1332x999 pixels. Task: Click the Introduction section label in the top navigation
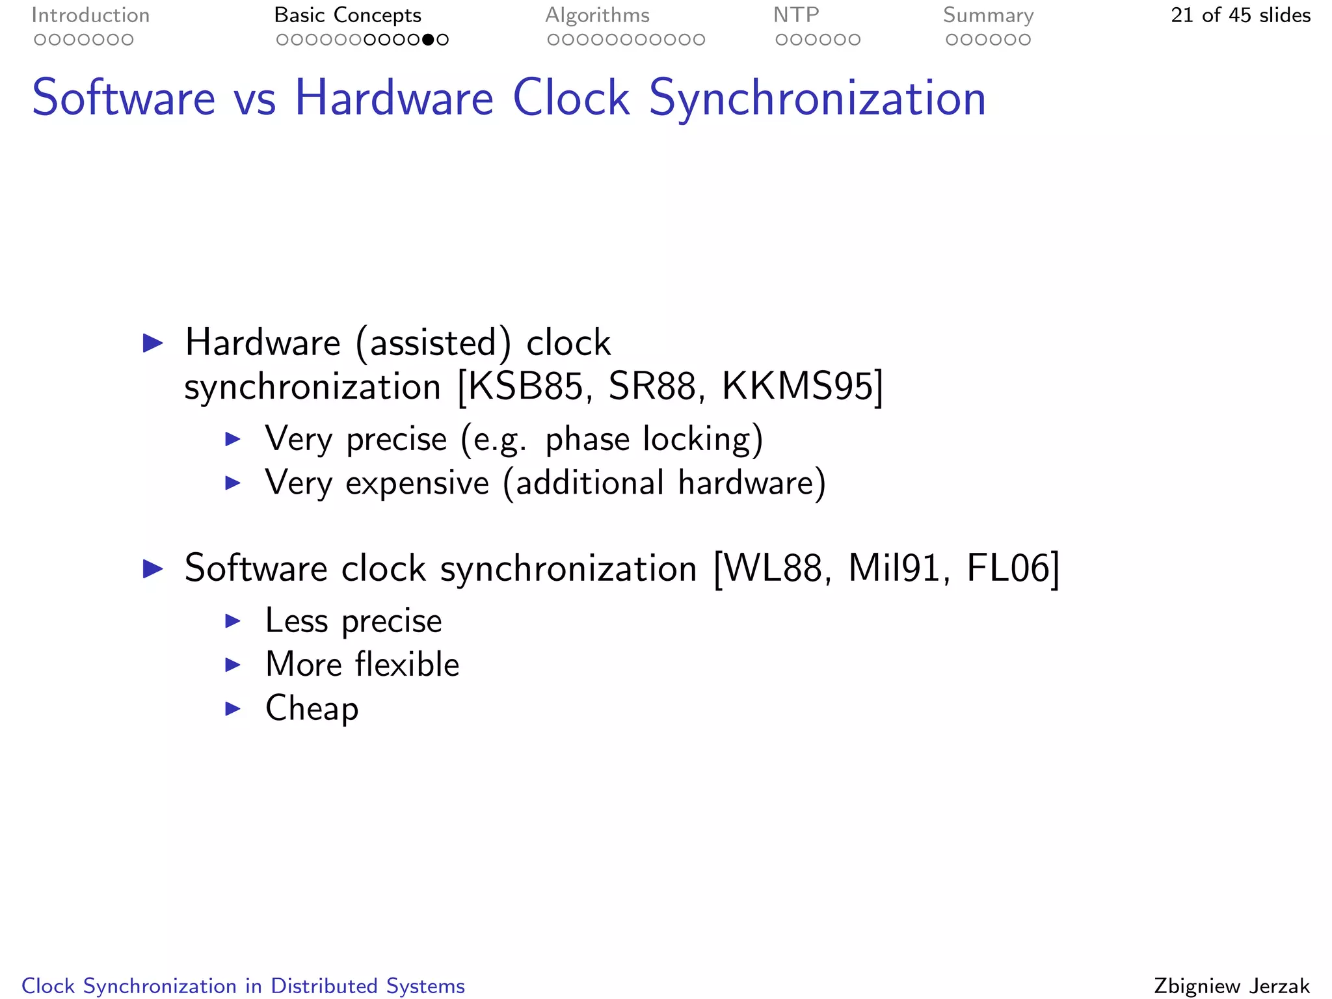(90, 15)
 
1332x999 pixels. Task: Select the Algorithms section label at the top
(597, 15)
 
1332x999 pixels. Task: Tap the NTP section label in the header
(796, 15)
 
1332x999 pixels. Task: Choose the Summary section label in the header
(988, 15)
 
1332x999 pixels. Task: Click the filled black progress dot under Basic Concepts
(428, 40)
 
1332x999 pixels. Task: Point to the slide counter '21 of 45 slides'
(1240, 15)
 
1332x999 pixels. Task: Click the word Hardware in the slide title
(394, 98)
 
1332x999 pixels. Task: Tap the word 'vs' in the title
(254, 100)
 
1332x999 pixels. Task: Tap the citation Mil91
(894, 568)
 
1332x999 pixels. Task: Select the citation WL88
(772, 568)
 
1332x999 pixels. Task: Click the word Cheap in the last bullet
(312, 708)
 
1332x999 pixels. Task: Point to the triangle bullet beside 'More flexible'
(233, 665)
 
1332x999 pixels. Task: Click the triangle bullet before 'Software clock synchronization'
(153, 568)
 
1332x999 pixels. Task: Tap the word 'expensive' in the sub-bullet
(417, 483)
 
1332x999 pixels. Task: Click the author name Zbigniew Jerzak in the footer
(1231, 986)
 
